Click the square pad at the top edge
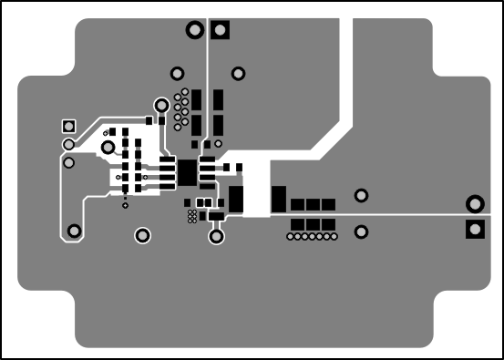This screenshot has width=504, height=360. tap(220, 31)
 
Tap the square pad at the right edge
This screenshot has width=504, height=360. tap(474, 229)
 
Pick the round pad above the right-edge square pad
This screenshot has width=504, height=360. tap(474, 204)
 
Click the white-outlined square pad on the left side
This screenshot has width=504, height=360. tap(67, 126)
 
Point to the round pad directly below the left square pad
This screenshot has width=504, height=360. tap(67, 144)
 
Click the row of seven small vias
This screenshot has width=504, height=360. tap(312, 237)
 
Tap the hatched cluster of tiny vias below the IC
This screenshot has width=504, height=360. tap(191, 216)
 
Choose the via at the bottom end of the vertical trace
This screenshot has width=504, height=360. tap(216, 237)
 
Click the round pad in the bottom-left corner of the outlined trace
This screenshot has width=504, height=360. tap(74, 231)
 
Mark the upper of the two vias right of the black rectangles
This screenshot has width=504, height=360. tap(361, 195)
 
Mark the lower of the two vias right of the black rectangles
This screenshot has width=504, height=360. tap(361, 231)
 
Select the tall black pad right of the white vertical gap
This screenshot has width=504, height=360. tap(278, 199)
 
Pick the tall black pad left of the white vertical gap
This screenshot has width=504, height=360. tap(237, 199)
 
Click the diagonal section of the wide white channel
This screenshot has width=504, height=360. tap(328, 141)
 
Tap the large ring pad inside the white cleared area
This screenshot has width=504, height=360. tap(108, 147)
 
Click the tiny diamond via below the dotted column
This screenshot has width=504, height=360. tap(125, 206)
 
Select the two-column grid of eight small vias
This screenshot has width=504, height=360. tap(181, 108)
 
